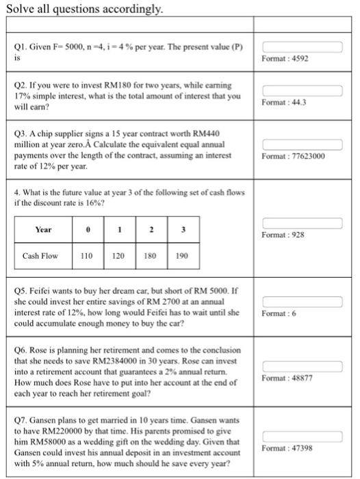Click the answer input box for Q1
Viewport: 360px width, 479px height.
tap(301, 47)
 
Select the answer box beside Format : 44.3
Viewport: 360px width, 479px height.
tap(301, 90)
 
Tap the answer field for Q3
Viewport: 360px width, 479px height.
tap(301, 144)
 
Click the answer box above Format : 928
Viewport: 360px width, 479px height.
tap(301, 223)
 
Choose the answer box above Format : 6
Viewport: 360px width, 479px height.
tap(301, 301)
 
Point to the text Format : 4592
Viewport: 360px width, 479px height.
tap(285, 60)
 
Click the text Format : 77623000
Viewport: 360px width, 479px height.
tap(293, 156)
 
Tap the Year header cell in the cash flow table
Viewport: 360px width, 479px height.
tap(43, 229)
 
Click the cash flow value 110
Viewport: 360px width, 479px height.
tap(86, 257)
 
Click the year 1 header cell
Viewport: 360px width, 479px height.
tap(118, 229)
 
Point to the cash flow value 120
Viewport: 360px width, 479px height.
tap(118, 257)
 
